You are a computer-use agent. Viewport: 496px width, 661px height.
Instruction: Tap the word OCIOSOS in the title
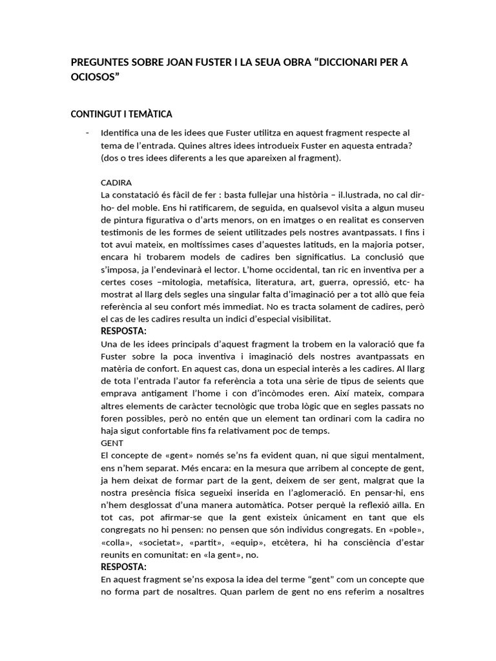coord(94,77)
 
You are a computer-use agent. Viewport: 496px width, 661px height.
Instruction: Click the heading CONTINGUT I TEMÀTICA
coord(121,114)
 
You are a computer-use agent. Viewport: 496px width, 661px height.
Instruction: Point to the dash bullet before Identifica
coord(87,133)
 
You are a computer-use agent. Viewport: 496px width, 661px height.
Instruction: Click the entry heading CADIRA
coord(116,183)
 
